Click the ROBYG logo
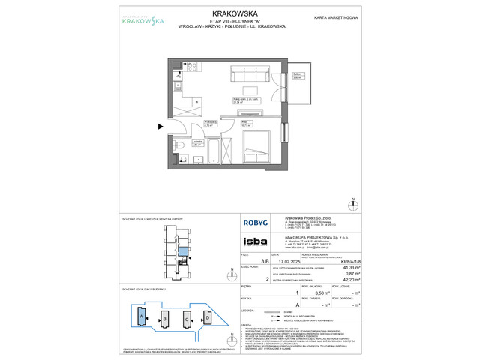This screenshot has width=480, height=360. (x=250, y=222)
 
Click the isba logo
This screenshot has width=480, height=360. (x=250, y=242)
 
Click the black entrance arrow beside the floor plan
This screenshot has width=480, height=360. (x=160, y=127)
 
